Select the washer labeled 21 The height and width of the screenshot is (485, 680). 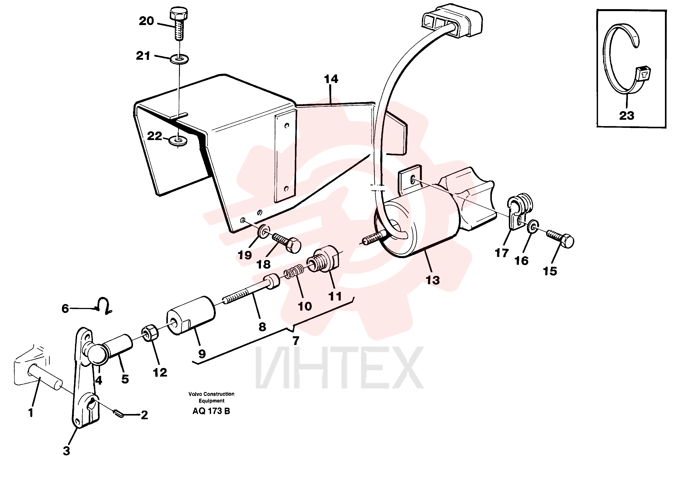[179, 59]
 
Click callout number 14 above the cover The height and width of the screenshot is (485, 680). [331, 79]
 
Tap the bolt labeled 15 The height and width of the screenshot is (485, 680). [560, 238]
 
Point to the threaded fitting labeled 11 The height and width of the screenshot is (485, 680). [324, 259]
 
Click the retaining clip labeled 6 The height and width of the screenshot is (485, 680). [103, 306]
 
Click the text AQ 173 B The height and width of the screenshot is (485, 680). [211, 411]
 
